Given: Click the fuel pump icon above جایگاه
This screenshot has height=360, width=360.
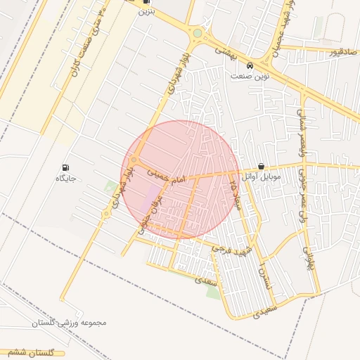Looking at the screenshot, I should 66,168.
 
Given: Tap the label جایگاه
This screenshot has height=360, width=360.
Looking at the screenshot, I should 65,179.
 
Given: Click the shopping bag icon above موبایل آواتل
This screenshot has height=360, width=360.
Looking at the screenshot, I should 262,167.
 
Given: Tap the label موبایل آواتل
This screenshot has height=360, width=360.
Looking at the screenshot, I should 261,177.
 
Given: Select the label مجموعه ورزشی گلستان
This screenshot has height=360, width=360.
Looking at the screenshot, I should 68,323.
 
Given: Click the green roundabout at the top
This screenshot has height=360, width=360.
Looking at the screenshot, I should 198,33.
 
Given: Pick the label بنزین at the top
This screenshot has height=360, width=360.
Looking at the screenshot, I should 146,11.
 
